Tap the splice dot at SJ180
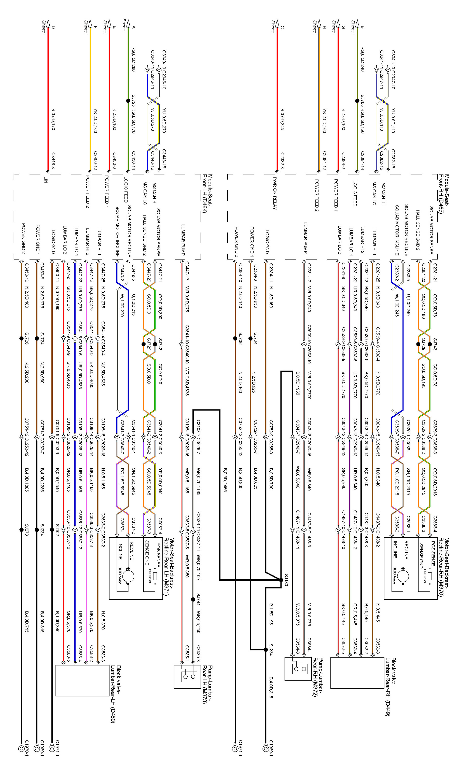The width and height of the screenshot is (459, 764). tap(281, 580)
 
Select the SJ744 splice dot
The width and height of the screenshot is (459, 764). tap(193, 599)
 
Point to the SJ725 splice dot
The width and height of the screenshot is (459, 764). tap(128, 101)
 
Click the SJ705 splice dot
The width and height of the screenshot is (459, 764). tap(357, 101)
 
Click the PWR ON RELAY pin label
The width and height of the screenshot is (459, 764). tap(275, 194)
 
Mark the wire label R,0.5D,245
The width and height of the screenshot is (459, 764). tap(282, 119)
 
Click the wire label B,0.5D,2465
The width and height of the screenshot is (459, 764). tap(225, 480)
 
